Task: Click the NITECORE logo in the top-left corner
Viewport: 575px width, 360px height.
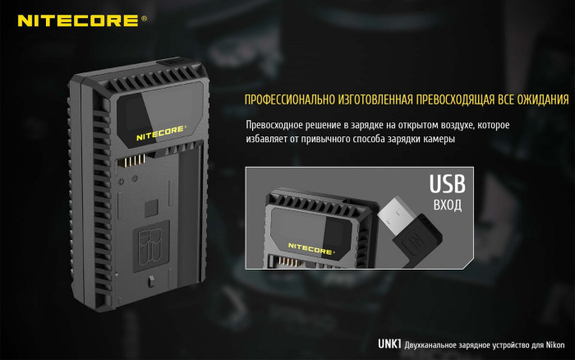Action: pos(78,21)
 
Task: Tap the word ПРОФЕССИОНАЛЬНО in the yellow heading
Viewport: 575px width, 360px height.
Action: pos(284,100)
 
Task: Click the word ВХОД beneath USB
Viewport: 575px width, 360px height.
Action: pos(447,203)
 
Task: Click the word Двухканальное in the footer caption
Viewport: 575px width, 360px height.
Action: pos(435,344)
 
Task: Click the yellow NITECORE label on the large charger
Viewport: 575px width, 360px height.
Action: pos(161,128)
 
